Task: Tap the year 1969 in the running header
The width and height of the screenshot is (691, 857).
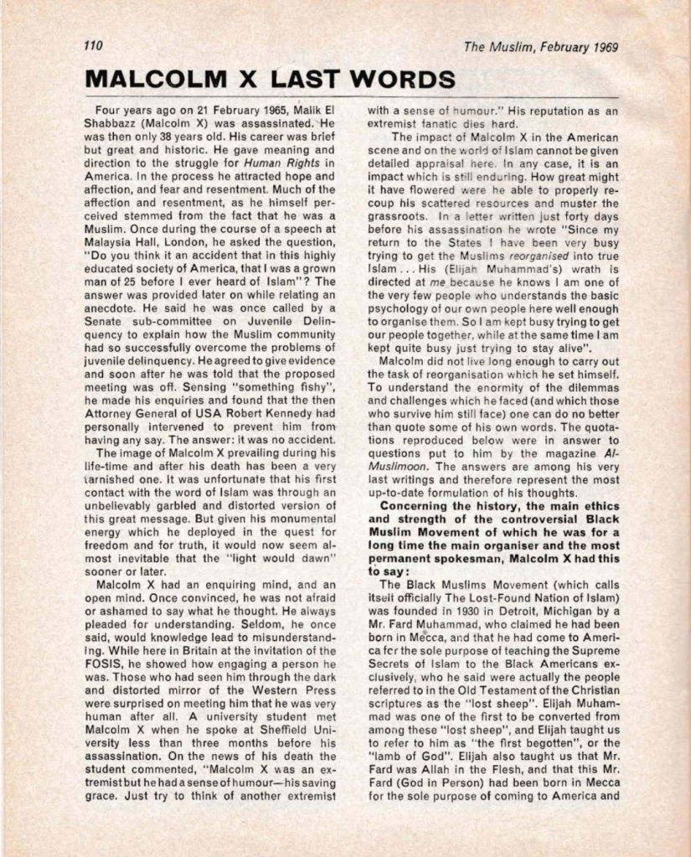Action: pos(602,48)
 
